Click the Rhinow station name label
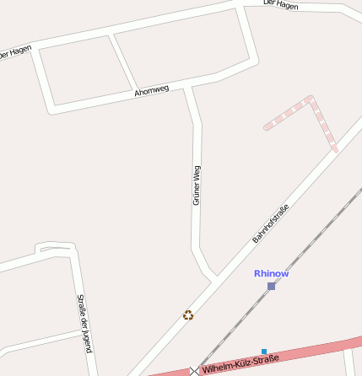[271, 273]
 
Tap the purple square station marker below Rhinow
[271, 286]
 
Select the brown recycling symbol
[188, 315]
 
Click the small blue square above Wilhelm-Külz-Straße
[264, 351]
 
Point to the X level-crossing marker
[195, 370]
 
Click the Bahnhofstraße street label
[271, 224]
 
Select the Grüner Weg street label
[196, 185]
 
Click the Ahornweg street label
[152, 90]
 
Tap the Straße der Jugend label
[84, 323]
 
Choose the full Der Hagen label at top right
[281, 4]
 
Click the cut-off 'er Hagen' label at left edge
[15, 51]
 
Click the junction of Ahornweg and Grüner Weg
[189, 85]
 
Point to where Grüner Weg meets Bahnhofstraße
[213, 277]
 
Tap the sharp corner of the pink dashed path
[311, 99]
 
